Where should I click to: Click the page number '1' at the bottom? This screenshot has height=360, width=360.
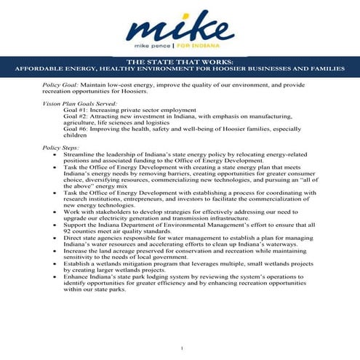pyautogui.click(x=181, y=350)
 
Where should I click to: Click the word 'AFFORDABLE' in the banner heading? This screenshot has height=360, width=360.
pyautogui.click(x=39, y=70)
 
